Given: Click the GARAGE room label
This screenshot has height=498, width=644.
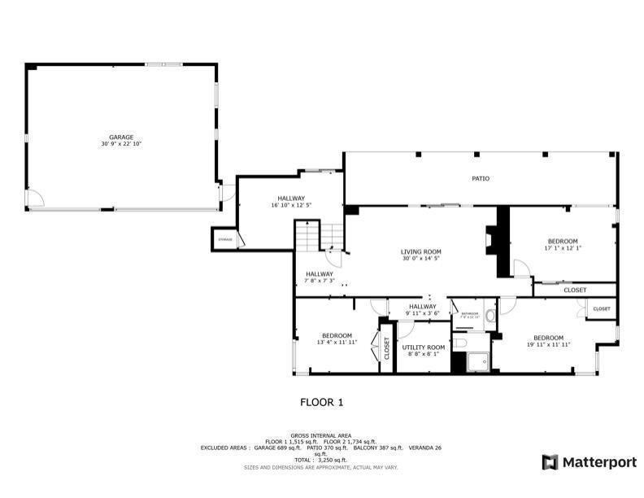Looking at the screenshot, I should tap(121, 138).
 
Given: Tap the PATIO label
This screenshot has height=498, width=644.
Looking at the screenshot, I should tap(481, 178).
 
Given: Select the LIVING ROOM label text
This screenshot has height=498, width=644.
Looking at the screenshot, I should tap(420, 251).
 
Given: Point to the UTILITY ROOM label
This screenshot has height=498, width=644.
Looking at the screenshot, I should tap(424, 347).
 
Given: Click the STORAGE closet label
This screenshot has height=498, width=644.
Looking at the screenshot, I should tap(225, 239).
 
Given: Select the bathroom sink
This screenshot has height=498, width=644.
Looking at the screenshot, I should tap(490, 317).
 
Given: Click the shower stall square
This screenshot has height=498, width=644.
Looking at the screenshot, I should tap(478, 359).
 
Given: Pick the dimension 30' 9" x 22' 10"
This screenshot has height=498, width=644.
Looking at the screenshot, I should tap(121, 145).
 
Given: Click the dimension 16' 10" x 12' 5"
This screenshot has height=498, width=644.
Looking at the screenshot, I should tap(291, 205).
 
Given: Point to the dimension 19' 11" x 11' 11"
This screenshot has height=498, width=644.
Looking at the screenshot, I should tap(549, 345).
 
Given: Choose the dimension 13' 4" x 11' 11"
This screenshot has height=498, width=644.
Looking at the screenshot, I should tap(337, 343).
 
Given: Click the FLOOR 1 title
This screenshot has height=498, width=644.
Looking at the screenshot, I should tap(322, 402).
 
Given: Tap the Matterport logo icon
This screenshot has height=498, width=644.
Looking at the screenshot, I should tap(550, 462).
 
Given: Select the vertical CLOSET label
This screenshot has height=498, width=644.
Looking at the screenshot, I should tap(386, 348).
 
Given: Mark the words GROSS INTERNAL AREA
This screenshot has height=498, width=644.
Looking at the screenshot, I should tap(321, 436).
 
